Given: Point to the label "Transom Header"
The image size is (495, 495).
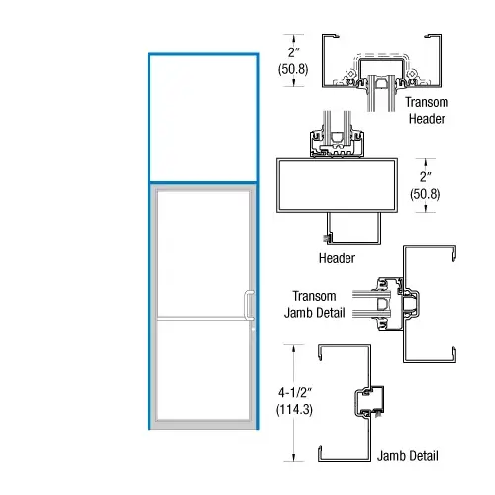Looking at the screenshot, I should point(426,110).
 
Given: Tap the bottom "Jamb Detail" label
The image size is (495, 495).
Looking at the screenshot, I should point(407,456).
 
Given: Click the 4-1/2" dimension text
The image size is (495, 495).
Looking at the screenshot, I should point(297,394).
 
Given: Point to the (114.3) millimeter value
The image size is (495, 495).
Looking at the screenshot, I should point(297,409).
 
